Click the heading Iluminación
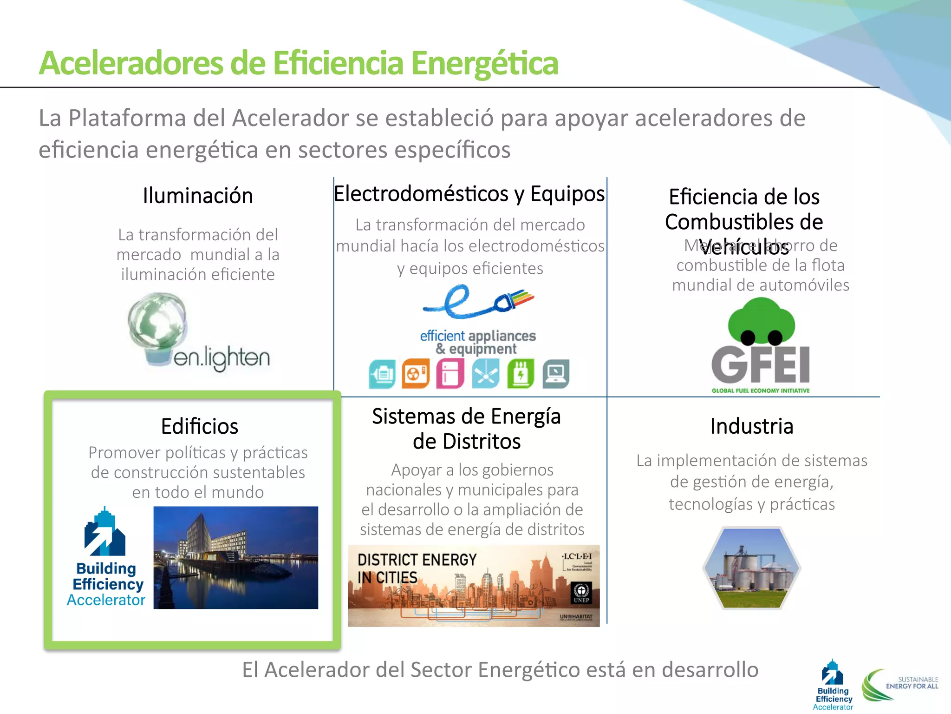[x=198, y=196]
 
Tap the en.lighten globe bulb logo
[x=158, y=325]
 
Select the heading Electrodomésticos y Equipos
[x=469, y=194]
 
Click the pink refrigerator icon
[x=450, y=374]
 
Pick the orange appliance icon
[x=416, y=374]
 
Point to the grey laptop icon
[x=556, y=374]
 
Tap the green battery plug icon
[x=521, y=374]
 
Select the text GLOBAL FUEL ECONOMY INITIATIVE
[x=761, y=390]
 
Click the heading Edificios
[x=200, y=426]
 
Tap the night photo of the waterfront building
[x=236, y=557]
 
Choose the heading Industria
[x=752, y=426]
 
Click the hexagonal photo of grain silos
[x=751, y=568]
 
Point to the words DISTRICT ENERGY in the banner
[x=417, y=560]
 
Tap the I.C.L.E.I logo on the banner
[x=577, y=561]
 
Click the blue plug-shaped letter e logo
[x=478, y=302]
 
